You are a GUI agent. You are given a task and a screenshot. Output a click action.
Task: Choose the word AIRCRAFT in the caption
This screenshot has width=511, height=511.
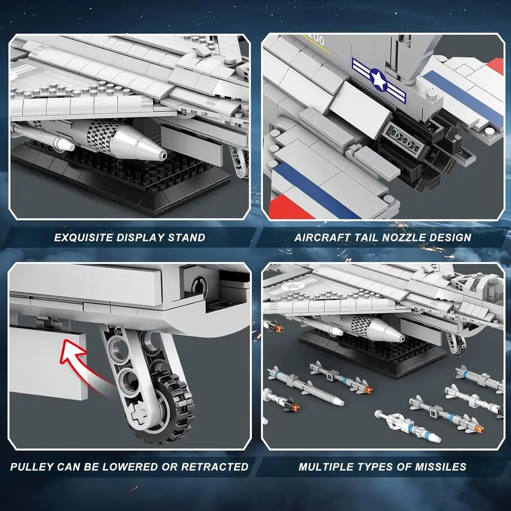322,237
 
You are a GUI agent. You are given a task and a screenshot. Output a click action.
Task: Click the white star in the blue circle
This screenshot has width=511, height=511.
378,79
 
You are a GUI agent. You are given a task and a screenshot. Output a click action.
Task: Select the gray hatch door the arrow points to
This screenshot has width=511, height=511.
49,363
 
